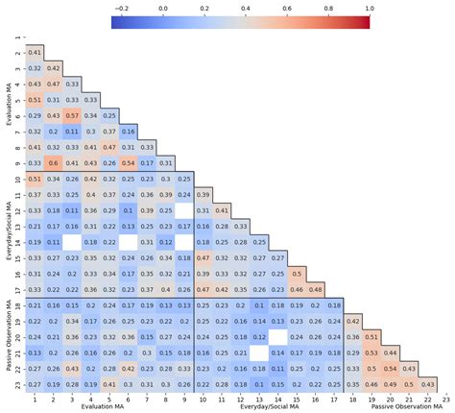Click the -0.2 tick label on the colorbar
coord(121,6)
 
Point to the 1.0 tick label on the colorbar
coord(370,6)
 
